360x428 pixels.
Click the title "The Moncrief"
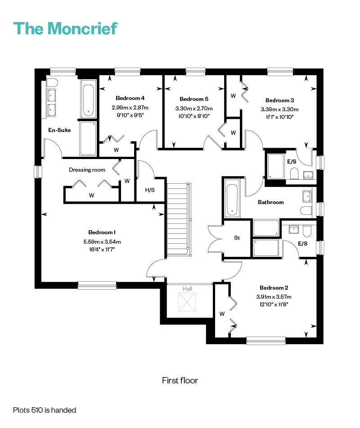[x=66, y=28]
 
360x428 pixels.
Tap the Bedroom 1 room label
[x=102, y=232]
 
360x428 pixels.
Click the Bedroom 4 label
[x=130, y=98]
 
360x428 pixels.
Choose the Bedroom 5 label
[x=194, y=99]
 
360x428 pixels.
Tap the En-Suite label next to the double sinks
[x=60, y=130]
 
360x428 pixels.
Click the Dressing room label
[x=87, y=170]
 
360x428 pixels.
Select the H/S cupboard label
[x=150, y=190]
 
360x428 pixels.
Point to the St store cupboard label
[x=237, y=237]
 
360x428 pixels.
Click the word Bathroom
[x=271, y=202]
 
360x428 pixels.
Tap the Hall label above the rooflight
[x=188, y=288]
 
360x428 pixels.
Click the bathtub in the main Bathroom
[x=232, y=198]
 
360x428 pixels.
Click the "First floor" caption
[x=180, y=381]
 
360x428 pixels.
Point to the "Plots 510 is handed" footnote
[x=45, y=410]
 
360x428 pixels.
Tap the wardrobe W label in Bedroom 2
[x=222, y=314]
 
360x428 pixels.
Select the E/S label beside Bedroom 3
[x=292, y=161]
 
